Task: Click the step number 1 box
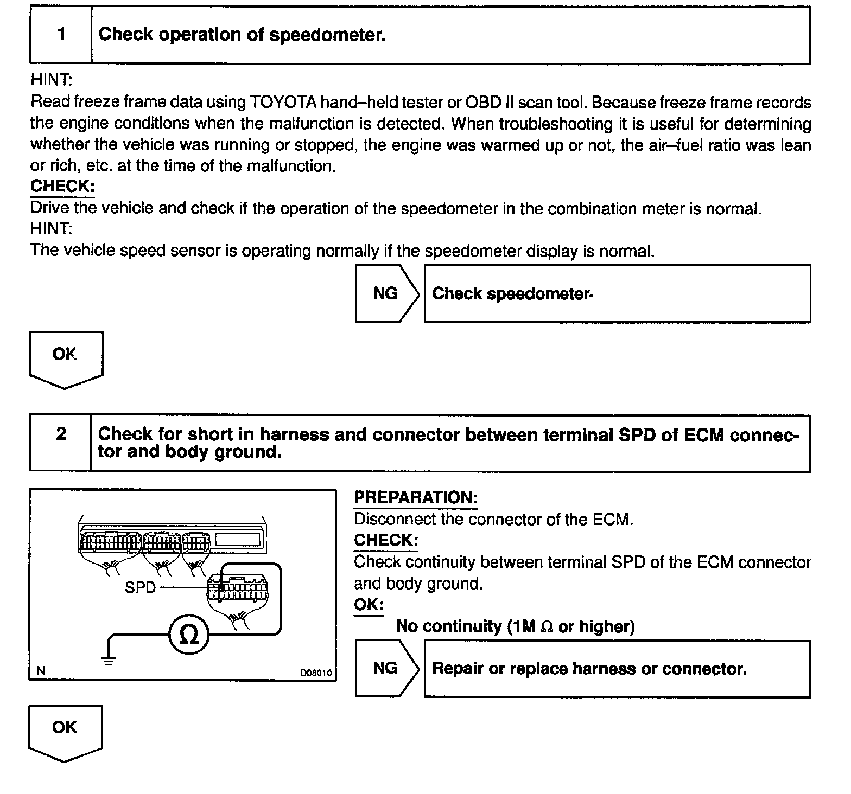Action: (x=61, y=35)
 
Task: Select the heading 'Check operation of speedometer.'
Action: (x=242, y=35)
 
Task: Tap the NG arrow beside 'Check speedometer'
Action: (x=387, y=293)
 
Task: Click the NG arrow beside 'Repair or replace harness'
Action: (x=387, y=668)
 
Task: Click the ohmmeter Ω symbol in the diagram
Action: (x=188, y=635)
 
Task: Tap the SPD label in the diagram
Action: (x=140, y=587)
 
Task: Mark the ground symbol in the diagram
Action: (x=109, y=661)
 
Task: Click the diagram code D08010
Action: (x=316, y=673)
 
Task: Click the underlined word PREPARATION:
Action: (x=416, y=497)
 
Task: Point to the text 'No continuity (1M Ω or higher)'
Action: (x=515, y=626)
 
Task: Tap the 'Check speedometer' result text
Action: (x=512, y=294)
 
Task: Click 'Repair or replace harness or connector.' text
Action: (x=589, y=669)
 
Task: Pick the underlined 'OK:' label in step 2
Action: (x=369, y=605)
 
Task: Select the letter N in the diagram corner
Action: (x=41, y=671)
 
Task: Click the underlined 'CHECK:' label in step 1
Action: (x=62, y=186)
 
